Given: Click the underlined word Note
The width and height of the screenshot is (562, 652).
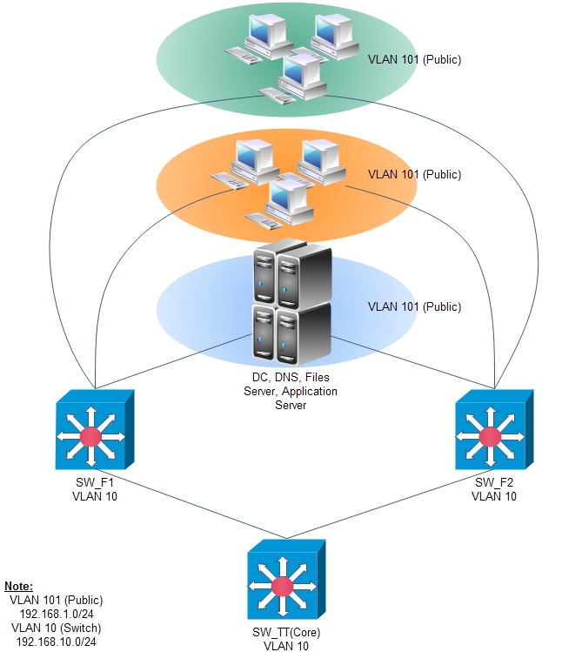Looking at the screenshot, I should coord(19,587).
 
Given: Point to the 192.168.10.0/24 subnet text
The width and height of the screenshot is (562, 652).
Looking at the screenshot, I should coord(56,641).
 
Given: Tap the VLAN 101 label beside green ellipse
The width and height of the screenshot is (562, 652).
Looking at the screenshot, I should coord(414,60).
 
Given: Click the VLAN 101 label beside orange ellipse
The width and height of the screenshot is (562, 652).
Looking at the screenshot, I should coord(414,175).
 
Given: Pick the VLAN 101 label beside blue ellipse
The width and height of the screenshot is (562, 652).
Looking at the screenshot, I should coord(414,307).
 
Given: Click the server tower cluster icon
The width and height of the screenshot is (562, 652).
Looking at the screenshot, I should coord(291,305).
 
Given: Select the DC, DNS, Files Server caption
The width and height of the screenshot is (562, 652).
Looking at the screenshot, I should coord(291,386).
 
